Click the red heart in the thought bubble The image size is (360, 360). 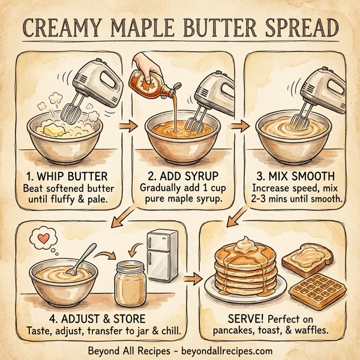click(x=43, y=238)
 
